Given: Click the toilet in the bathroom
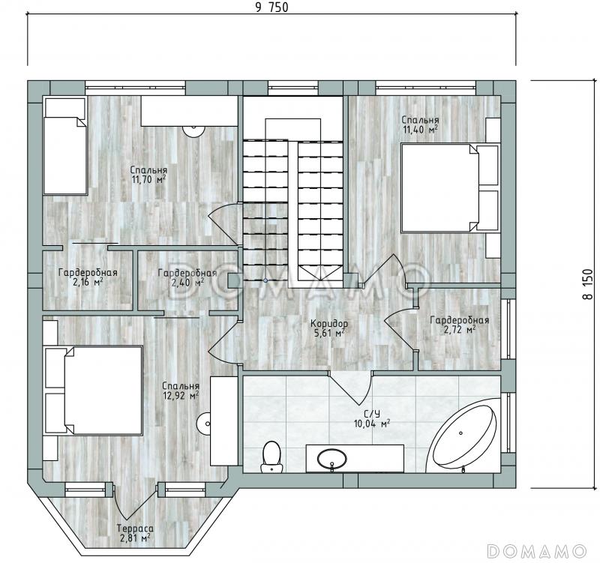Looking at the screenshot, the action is [271, 457].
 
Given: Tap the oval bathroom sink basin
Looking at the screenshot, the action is [332, 459].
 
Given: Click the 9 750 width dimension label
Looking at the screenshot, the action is [271, 7].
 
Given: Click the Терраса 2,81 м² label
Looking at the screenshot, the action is [135, 533].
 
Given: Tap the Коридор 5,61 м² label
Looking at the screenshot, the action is [329, 328].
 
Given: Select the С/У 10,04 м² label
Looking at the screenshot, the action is [372, 418].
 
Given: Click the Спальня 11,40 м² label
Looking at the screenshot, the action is [420, 124].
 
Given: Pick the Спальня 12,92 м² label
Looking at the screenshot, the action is [181, 391].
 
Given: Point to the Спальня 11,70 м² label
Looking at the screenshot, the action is [148, 175].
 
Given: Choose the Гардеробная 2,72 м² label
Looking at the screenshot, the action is [460, 325].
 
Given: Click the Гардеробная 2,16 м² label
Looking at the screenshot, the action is [88, 277].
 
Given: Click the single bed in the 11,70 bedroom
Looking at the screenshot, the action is [65, 145].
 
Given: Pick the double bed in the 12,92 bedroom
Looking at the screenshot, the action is [94, 391].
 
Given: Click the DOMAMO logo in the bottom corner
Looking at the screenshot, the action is [537, 551].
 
